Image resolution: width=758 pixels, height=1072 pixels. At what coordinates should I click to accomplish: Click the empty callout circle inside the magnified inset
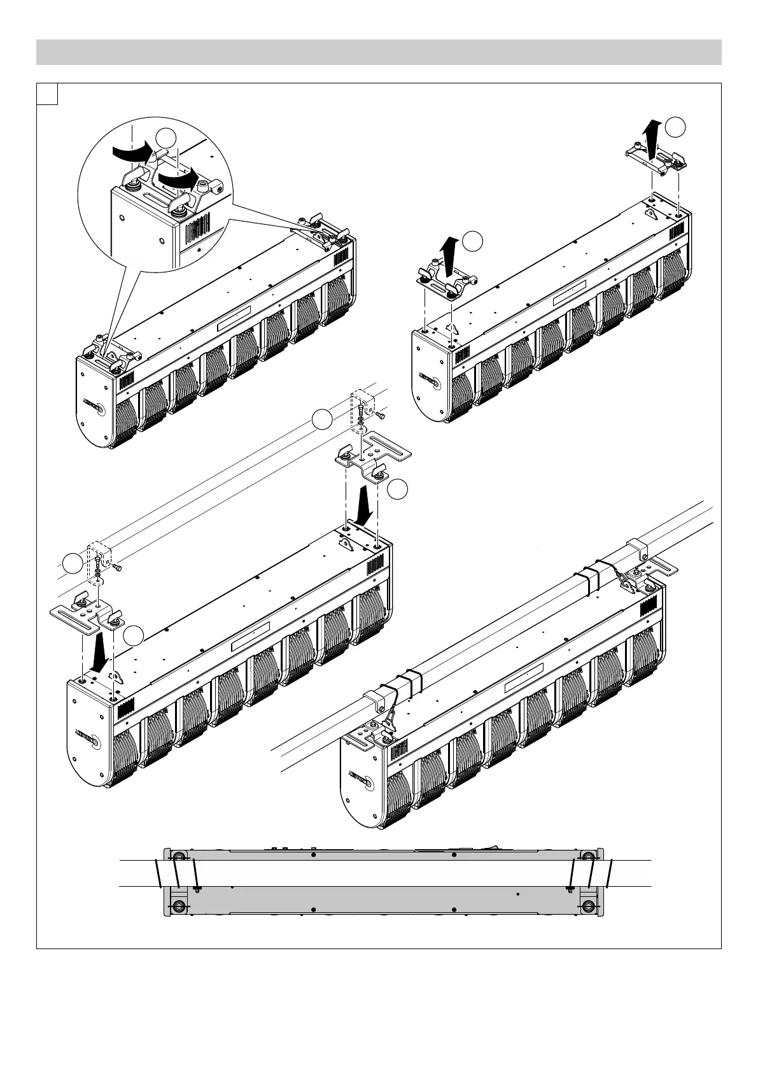[167, 139]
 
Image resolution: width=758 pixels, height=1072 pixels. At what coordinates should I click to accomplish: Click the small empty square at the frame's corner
[48, 94]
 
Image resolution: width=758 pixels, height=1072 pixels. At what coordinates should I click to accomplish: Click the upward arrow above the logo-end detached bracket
[451, 253]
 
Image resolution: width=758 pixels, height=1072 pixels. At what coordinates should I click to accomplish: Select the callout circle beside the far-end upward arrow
[677, 127]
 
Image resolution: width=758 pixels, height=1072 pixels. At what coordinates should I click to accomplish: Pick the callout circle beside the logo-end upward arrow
[472, 241]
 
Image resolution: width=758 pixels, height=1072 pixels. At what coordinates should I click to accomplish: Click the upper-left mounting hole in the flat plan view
[178, 856]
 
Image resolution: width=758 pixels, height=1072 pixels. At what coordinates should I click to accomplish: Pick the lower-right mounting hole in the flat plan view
[588, 906]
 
